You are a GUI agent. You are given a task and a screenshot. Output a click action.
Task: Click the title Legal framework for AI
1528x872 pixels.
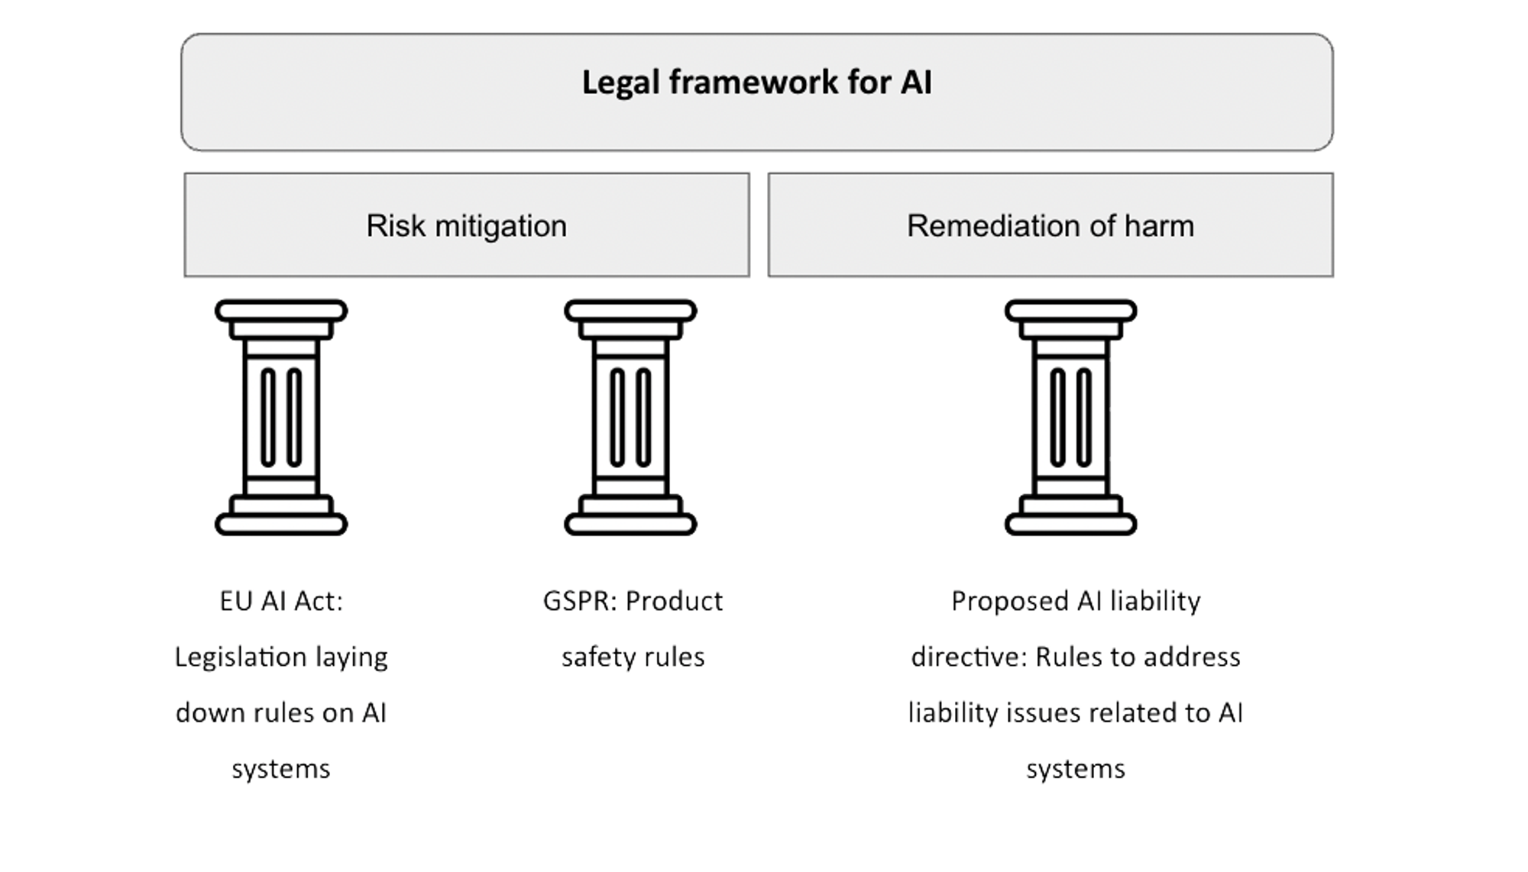[756, 82]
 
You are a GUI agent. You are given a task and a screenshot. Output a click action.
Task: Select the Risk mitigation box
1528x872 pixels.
[466, 225]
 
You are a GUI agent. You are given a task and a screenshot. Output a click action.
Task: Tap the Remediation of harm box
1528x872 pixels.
[1050, 225]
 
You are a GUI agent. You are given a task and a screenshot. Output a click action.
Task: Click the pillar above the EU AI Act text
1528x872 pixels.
[281, 418]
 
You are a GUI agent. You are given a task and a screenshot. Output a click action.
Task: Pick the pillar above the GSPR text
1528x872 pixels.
[630, 418]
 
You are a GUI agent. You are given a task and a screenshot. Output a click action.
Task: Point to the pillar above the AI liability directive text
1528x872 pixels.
[1070, 418]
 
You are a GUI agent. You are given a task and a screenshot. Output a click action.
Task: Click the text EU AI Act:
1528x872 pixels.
[281, 601]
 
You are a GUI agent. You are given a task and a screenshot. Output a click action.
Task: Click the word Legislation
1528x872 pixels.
[241, 657]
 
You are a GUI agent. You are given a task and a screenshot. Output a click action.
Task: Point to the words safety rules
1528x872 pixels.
[633, 657]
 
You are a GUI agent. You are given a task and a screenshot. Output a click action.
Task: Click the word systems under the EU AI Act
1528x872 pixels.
[280, 768]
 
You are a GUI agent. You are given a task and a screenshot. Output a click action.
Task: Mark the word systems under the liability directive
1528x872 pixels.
[1075, 768]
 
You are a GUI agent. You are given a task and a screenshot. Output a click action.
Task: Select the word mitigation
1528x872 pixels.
[500, 225]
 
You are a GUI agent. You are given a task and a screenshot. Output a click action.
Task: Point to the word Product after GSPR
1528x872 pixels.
[675, 601]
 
